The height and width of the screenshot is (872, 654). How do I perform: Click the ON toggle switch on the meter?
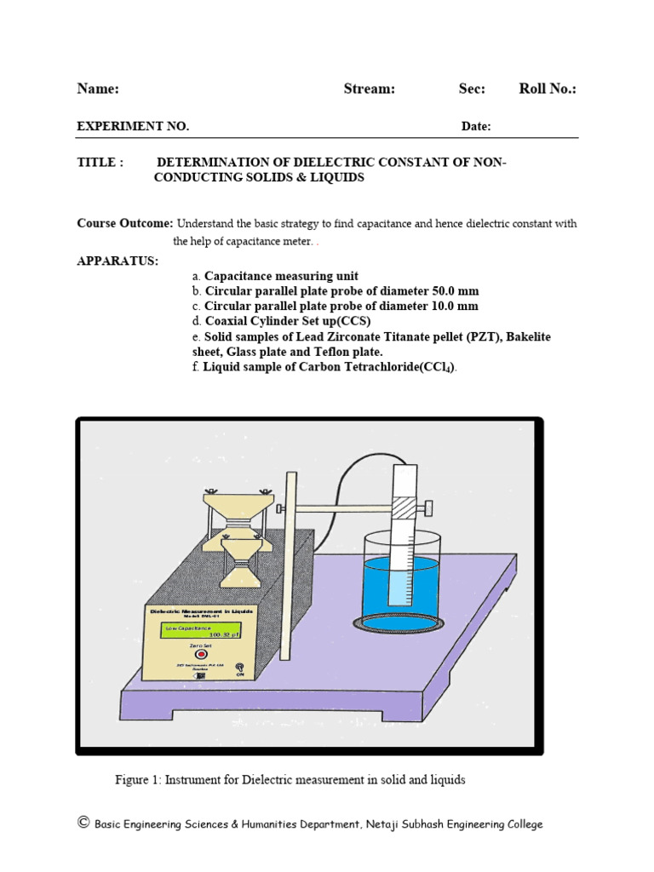click(239, 668)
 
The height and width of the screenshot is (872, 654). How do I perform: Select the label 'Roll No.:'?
click(548, 89)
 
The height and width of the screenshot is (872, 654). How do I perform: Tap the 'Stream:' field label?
click(369, 89)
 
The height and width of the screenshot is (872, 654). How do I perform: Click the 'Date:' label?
click(476, 127)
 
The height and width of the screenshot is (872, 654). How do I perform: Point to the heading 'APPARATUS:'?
click(118, 261)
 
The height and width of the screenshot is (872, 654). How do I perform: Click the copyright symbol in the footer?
click(83, 823)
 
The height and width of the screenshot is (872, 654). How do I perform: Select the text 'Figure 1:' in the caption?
click(138, 780)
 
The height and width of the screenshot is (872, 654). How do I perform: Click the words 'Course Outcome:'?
click(125, 224)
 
